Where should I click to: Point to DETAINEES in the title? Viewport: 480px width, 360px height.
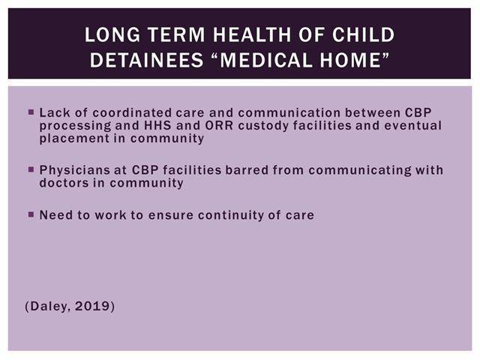(147, 60)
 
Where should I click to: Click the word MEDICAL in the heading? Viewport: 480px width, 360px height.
(266, 60)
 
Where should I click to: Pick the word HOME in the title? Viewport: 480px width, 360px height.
(350, 60)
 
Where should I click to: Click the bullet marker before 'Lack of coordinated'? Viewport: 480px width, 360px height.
(31, 112)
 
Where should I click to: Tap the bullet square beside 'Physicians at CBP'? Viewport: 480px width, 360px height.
(31, 169)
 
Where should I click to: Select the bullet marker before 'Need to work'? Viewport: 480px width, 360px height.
(31, 214)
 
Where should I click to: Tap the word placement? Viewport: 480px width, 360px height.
(74, 139)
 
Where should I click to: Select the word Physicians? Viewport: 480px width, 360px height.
(75, 170)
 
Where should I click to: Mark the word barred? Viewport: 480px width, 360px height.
(247, 170)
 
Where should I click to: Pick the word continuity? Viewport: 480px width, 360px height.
(231, 215)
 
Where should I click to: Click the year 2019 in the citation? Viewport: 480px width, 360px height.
(92, 306)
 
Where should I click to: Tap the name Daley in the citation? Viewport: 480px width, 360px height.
(50, 307)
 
